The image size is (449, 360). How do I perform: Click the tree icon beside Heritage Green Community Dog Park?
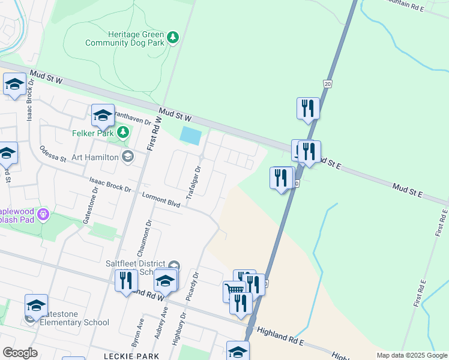coord(173,38)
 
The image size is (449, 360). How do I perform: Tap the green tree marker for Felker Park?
coord(123,132)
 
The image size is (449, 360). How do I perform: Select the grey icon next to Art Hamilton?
coord(127,157)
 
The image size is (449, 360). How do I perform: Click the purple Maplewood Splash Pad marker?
coord(43,214)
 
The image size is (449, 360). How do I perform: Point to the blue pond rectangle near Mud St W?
coord(190,136)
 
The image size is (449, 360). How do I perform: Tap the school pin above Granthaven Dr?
coord(103,115)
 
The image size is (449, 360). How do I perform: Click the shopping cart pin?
coord(234,292)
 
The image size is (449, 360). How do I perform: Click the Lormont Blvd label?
coord(161,200)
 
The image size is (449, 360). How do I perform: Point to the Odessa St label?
coord(52,154)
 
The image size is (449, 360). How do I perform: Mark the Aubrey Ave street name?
coord(160,324)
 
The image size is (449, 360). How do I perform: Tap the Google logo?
coord(20,352)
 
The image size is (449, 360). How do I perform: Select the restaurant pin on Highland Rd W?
coord(126,281)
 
